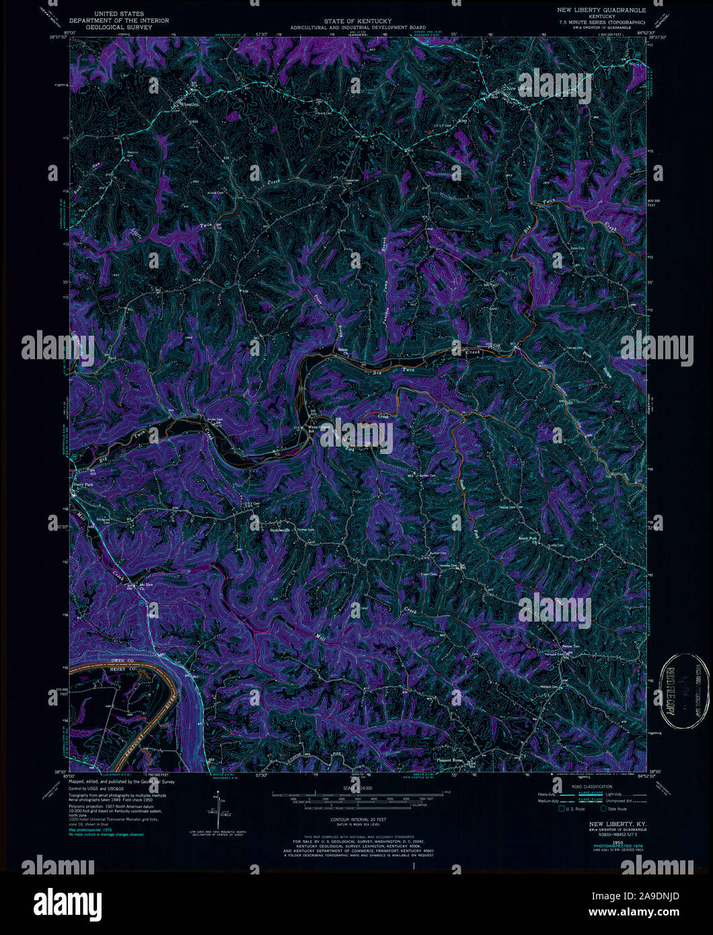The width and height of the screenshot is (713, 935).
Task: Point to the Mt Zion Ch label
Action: coord(147,586)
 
